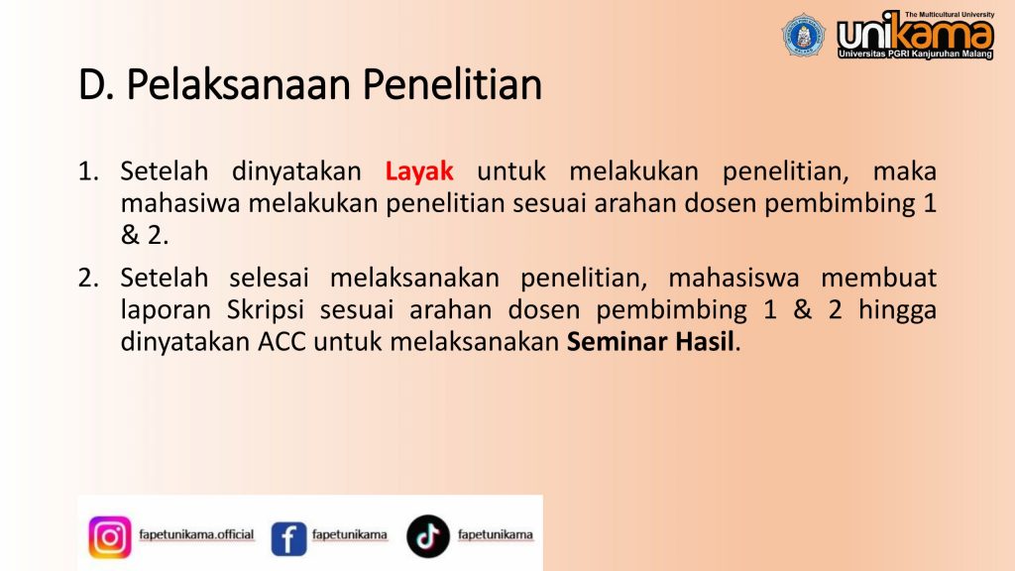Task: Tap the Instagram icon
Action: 110,536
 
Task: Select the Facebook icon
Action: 288,538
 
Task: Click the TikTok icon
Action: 428,536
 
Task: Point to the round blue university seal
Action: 803,35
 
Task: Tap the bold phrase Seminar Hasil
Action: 650,341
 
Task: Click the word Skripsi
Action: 266,310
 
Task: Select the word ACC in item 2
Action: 282,342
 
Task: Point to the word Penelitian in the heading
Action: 452,85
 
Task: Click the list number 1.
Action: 88,171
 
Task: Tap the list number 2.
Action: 88,278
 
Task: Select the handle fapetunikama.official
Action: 196,534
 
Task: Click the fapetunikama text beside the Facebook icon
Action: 350,534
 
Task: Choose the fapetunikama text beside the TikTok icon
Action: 496,534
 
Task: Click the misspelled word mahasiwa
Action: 180,203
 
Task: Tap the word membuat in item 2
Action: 878,278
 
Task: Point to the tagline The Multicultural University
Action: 949,14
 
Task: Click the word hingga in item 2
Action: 898,310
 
